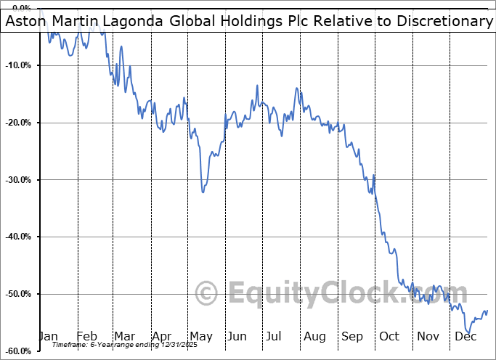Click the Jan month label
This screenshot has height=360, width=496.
[x=48, y=336]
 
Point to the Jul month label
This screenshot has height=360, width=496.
[x=274, y=336]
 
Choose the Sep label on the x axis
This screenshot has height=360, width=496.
[x=351, y=336]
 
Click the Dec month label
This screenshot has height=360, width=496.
[x=465, y=336]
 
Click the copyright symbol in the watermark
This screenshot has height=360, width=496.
[x=208, y=294]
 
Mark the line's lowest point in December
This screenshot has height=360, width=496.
[x=469, y=332]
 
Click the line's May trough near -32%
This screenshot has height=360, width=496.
[x=203, y=192]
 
